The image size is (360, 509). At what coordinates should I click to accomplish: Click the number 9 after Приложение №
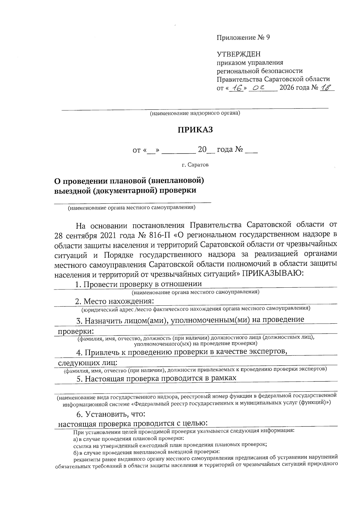268,37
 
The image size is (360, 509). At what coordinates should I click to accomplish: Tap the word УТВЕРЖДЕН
238,54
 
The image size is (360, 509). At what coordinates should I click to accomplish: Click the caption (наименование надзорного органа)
195,114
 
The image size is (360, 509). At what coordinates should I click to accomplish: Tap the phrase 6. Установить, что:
111,415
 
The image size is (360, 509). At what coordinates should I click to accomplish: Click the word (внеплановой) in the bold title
177,181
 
